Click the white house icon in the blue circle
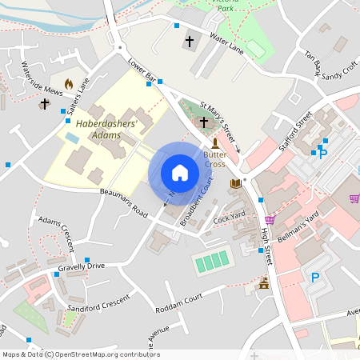click(x=180, y=173)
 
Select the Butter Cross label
click(x=215, y=158)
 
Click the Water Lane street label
click(x=225, y=43)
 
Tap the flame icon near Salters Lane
click(x=69, y=82)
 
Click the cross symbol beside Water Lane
click(x=190, y=41)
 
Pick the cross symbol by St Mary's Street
click(x=204, y=122)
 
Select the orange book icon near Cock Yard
click(x=235, y=184)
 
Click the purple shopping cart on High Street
click(x=270, y=219)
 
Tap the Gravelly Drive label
click(x=81, y=266)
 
